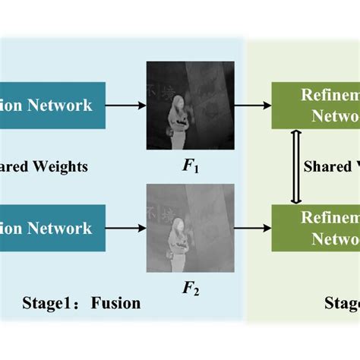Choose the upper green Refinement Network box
315,104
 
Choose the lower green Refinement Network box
315,228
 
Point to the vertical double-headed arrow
296,166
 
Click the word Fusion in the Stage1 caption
115,303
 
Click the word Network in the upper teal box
64,104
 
